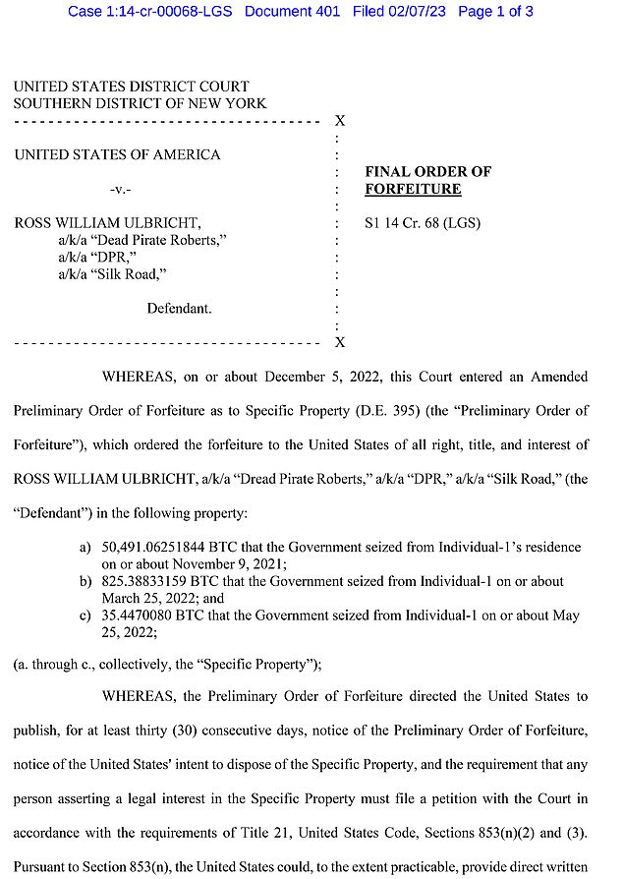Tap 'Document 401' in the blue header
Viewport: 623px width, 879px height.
click(292, 12)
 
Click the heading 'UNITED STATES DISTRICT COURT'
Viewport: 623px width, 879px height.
click(131, 87)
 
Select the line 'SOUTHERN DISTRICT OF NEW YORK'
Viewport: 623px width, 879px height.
click(140, 103)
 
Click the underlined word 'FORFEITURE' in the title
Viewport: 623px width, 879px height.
click(413, 189)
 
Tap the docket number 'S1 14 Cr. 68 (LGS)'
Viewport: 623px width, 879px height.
click(423, 223)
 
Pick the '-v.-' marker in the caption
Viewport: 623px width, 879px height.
click(116, 189)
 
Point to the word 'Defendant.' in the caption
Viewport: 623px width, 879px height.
click(179, 309)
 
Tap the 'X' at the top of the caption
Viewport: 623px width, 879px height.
click(340, 121)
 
